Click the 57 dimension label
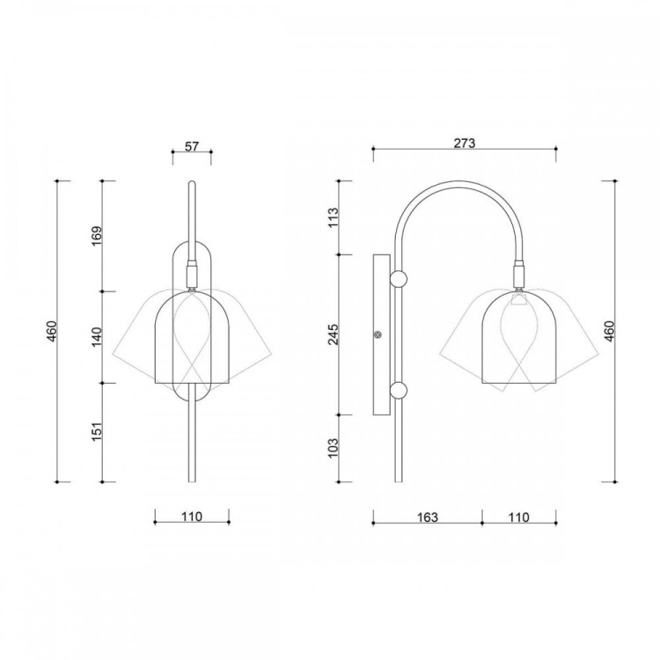[192, 146]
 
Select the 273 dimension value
[465, 143]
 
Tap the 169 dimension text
[97, 236]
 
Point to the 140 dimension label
[97, 337]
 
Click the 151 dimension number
[97, 432]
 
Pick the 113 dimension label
[333, 217]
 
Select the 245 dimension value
[333, 334]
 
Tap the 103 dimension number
[333, 448]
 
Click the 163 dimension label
[427, 517]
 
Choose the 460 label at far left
[51, 331]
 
